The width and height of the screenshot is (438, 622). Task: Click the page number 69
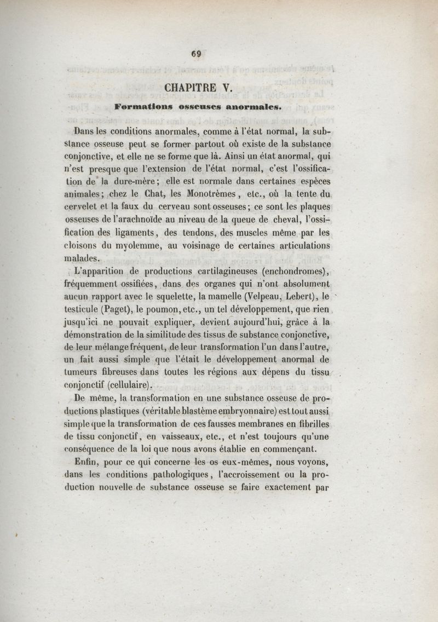click(x=197, y=54)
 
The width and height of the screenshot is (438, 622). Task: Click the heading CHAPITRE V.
click(x=199, y=87)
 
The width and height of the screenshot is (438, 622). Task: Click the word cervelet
click(x=82, y=208)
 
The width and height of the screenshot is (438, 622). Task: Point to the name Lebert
click(x=300, y=297)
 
